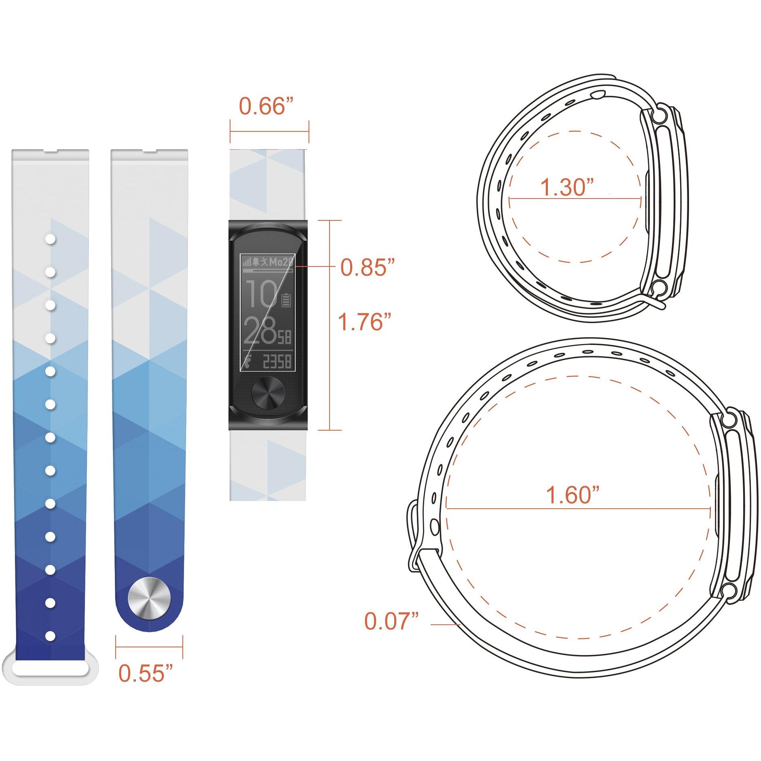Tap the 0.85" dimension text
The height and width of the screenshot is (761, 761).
coord(367,267)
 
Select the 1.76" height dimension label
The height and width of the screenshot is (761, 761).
coord(364,322)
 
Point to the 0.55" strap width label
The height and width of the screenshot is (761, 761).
coord(146,673)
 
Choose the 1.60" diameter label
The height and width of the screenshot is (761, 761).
coord(572,495)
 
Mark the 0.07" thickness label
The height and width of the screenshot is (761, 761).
coord(391,621)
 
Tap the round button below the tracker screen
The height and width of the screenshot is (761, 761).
coord(268,392)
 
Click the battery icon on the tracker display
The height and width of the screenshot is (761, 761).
coord(286,300)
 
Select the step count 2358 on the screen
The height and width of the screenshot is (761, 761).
coord(277,361)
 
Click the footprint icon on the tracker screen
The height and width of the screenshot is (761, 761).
coord(248,360)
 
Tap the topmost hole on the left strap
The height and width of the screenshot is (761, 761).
coord(50,239)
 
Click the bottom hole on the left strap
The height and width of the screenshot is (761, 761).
coord(50,636)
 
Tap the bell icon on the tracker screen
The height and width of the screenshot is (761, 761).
coord(256,262)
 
